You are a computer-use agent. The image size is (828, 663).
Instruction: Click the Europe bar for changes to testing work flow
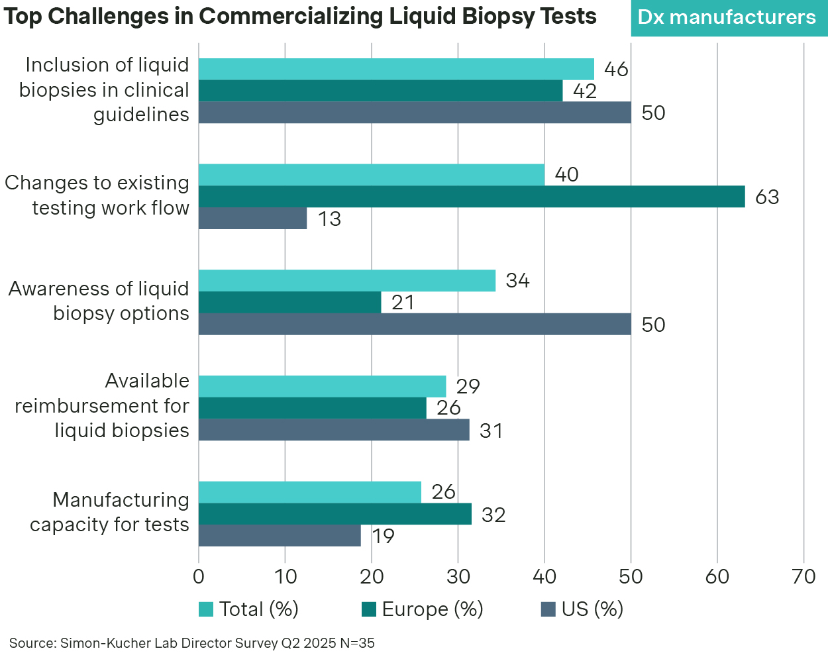point(472,197)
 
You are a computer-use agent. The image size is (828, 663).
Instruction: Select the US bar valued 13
point(252,219)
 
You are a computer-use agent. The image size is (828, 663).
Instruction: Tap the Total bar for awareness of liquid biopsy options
point(347,281)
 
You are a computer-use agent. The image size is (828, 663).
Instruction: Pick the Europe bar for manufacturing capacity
point(335,514)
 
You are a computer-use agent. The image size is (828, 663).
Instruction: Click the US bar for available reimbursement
point(334,431)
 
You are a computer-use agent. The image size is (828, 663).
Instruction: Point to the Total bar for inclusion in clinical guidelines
point(396,69)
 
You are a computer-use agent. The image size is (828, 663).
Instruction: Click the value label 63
point(767,197)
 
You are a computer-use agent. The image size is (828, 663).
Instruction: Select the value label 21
point(403,303)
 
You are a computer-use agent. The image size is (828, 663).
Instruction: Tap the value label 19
point(383,536)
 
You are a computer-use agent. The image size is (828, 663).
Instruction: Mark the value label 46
point(616,70)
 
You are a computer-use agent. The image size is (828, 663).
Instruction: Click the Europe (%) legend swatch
point(369,609)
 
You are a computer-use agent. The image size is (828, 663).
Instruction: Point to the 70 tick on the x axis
point(803,577)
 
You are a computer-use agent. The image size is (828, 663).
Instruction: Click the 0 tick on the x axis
point(199,577)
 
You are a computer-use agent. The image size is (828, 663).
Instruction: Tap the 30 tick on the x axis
point(458,577)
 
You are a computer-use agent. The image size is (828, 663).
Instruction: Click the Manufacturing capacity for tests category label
point(110,512)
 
